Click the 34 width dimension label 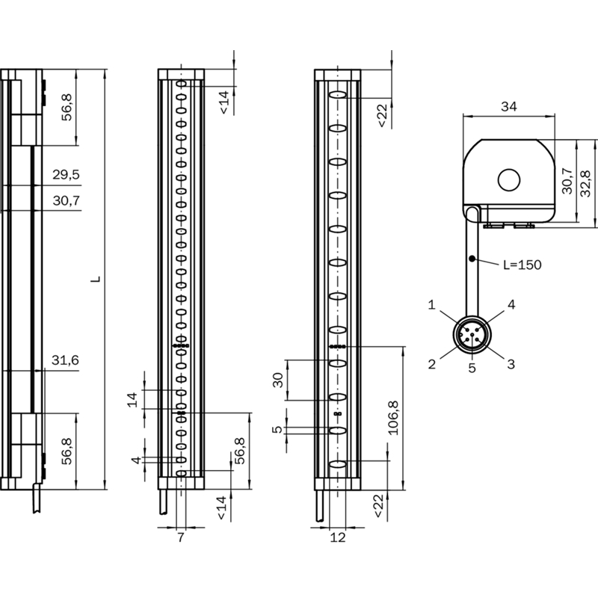click(509, 106)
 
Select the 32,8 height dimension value click(585, 183)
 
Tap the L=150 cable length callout click(522, 265)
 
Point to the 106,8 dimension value click(393, 418)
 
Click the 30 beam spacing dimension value click(278, 380)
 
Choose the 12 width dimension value click(338, 537)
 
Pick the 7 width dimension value click(181, 537)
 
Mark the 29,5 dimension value click(66, 175)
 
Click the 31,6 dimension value click(65, 360)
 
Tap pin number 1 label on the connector click(431, 305)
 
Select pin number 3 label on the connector click(511, 364)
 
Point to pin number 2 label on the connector click(431, 364)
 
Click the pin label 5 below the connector click(472, 368)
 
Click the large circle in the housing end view click(509, 180)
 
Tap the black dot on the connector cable click(472, 259)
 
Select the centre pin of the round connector click(472, 335)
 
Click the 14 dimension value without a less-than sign click(132, 400)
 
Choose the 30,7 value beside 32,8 click(567, 181)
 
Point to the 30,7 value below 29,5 click(67, 200)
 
